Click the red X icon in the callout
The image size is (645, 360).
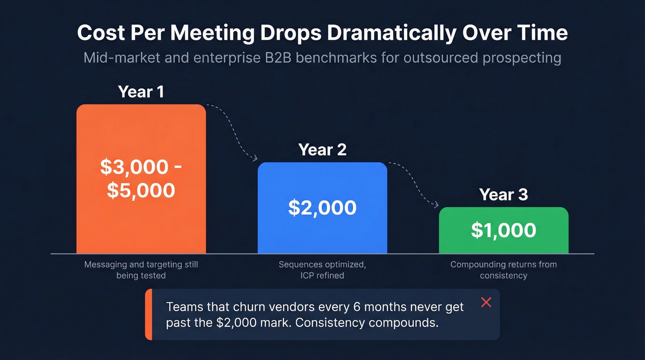[x=486, y=302]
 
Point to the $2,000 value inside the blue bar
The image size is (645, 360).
[x=322, y=208]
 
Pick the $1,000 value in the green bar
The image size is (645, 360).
[x=503, y=230]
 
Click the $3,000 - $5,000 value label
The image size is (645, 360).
[x=141, y=178]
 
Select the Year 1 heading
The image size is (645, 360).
[x=141, y=92]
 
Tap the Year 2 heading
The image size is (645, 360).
[x=322, y=150]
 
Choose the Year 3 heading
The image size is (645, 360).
[x=503, y=195]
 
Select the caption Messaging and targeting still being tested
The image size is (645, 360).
[x=141, y=270]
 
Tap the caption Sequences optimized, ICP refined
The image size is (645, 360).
[x=322, y=270]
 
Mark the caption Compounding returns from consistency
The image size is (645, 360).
[x=503, y=270]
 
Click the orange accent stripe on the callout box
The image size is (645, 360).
[x=148, y=314]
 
